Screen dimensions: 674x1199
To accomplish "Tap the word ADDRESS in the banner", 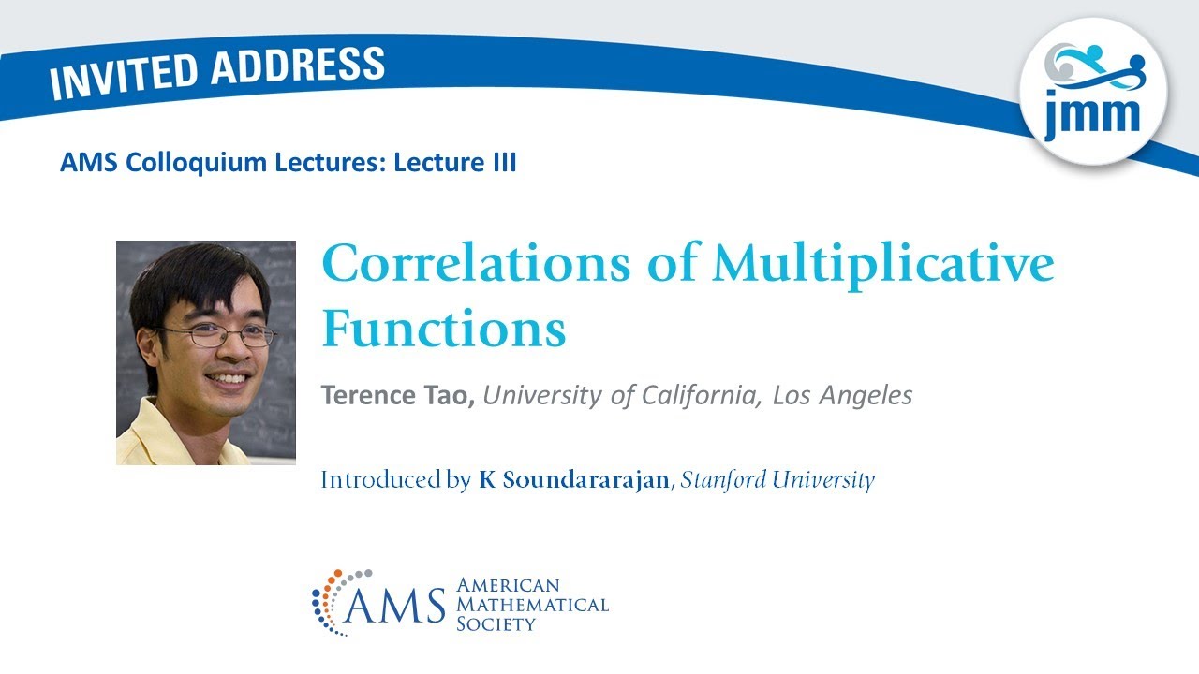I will [x=298, y=66].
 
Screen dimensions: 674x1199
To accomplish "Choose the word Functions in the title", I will [x=444, y=329].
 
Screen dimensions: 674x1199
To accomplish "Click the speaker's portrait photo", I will [x=205, y=353].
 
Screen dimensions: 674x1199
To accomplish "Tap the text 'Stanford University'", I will [x=777, y=480].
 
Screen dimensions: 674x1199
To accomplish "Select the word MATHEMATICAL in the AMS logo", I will [x=532, y=605].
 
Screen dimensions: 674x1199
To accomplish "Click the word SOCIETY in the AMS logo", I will [x=496, y=623].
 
